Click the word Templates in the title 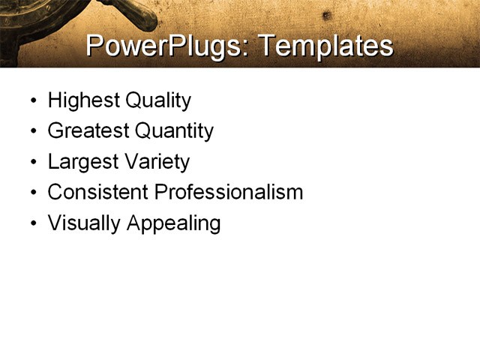coord(325,46)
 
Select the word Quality coord(154,100)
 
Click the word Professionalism coord(228,192)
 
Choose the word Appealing coord(173,223)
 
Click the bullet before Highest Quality coord(32,101)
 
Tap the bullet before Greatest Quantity coord(32,132)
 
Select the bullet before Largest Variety coord(32,163)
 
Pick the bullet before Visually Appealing coord(32,224)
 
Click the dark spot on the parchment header coord(325,15)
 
